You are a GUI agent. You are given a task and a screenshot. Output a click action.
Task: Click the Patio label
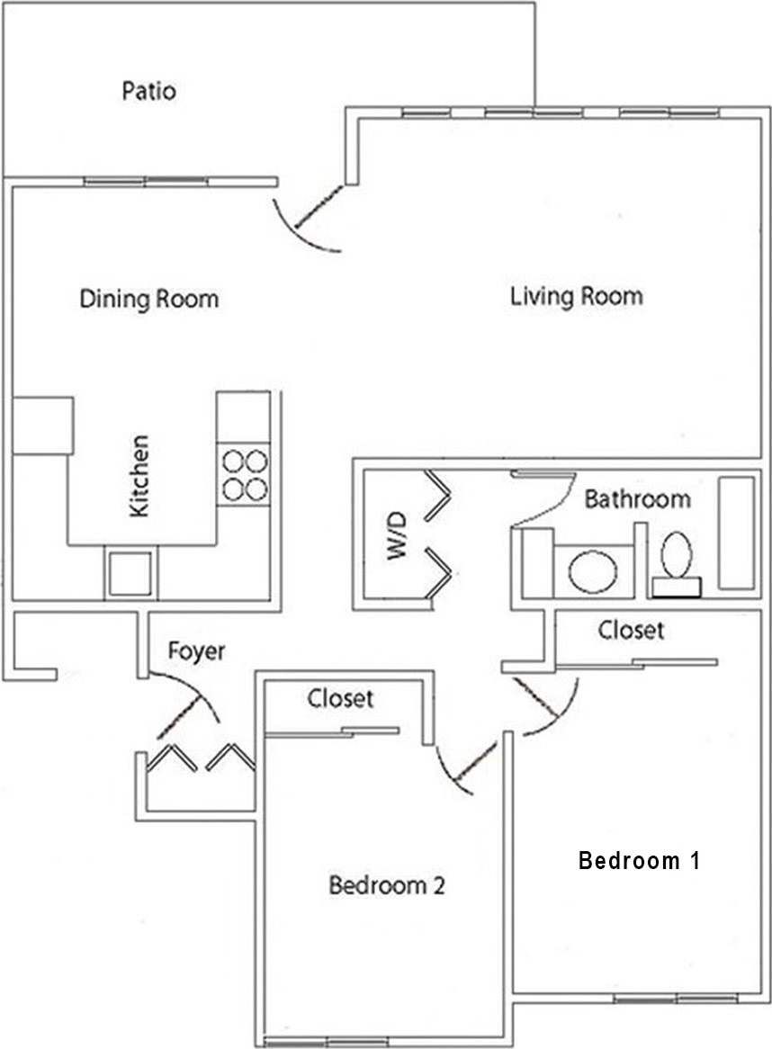pyautogui.click(x=148, y=91)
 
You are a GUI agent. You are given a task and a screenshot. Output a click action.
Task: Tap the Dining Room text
pyautogui.click(x=148, y=299)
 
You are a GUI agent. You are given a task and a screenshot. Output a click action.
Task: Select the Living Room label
pyautogui.click(x=576, y=295)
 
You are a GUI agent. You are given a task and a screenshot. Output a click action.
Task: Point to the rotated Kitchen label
pyautogui.click(x=139, y=476)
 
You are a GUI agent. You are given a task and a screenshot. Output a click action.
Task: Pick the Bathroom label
pyautogui.click(x=637, y=498)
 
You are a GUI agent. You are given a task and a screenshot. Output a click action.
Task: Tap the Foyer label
pyautogui.click(x=196, y=650)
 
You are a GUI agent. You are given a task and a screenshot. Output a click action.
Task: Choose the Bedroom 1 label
pyautogui.click(x=639, y=860)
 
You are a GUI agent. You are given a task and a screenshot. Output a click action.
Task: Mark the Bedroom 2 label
pyautogui.click(x=387, y=885)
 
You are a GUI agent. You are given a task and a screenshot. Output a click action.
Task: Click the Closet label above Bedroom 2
pyautogui.click(x=340, y=698)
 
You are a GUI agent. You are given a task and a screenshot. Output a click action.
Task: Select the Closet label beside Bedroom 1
pyautogui.click(x=632, y=630)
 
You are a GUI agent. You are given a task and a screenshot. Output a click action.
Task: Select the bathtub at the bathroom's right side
pyautogui.click(x=736, y=533)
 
